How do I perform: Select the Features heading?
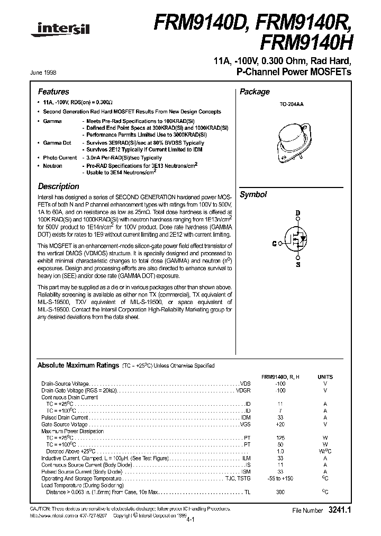pos(53,92)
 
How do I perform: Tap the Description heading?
pos(59,186)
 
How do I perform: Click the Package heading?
pos(255,92)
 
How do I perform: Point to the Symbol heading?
pos(253,194)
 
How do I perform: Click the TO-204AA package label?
pos(291,105)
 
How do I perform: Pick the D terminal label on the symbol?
pos(298,213)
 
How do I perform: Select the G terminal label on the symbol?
pos(274,244)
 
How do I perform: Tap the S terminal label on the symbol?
pos(298,264)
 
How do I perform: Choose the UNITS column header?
pos(325,376)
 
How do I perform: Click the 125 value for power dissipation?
pos(280,438)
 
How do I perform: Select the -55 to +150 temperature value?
pos(280,478)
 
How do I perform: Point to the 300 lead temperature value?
pos(280,492)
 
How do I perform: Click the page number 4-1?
pos(190,520)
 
